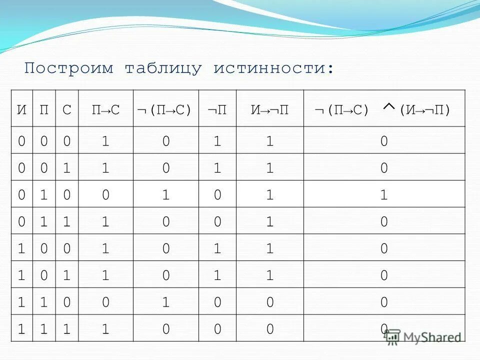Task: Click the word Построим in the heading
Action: [x=69, y=68]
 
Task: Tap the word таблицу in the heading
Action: [x=163, y=68]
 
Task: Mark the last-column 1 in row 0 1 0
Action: [x=383, y=195]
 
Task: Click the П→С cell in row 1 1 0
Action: [x=105, y=301]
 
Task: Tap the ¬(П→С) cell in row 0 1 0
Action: [x=165, y=195]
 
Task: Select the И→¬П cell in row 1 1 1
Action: [x=270, y=328]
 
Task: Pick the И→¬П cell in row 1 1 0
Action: [x=270, y=301]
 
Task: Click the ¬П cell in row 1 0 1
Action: [x=217, y=275]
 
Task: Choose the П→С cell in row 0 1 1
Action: [x=105, y=221]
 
